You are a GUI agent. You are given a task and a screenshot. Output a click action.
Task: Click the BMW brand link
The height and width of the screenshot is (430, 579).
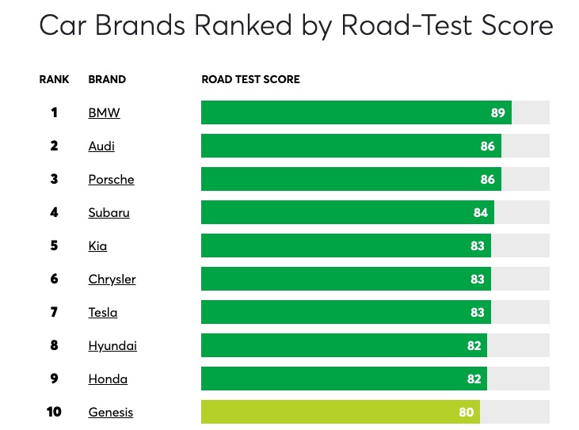pyautogui.click(x=104, y=112)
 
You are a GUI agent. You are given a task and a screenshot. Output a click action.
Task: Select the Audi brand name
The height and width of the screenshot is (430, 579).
pyautogui.click(x=101, y=146)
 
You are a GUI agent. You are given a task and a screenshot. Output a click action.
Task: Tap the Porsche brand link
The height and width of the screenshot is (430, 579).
pyautogui.click(x=111, y=179)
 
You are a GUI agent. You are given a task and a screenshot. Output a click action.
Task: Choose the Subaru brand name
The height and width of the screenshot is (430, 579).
pyautogui.click(x=109, y=212)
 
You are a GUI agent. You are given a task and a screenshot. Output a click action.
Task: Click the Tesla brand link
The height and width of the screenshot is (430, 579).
pyautogui.click(x=102, y=312)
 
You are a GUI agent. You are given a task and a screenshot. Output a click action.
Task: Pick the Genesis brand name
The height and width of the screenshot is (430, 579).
pyautogui.click(x=110, y=412)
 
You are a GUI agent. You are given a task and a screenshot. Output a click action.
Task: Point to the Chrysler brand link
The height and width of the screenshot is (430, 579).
pyautogui.click(x=112, y=279)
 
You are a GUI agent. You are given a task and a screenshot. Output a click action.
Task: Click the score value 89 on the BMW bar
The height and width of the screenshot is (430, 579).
pyautogui.click(x=497, y=112)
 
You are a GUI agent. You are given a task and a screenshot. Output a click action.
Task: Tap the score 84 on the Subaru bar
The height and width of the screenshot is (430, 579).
pyautogui.click(x=481, y=212)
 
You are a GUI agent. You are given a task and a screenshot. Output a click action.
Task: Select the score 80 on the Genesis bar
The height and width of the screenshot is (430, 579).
pyautogui.click(x=467, y=412)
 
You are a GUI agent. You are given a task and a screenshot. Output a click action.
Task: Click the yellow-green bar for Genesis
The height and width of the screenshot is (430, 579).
pyautogui.click(x=333, y=412)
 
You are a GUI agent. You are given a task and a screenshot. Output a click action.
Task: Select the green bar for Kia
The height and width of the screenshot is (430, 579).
pyautogui.click(x=333, y=245)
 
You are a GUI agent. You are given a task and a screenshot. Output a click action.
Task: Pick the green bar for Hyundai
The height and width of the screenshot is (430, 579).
pyautogui.click(x=333, y=345)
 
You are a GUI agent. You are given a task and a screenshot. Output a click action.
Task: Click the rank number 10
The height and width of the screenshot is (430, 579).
pyautogui.click(x=54, y=412)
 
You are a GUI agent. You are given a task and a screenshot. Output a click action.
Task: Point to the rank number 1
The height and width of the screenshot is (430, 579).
pyautogui.click(x=54, y=112)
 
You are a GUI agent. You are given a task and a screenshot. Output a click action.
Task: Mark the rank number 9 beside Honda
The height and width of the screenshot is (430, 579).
pyautogui.click(x=54, y=379)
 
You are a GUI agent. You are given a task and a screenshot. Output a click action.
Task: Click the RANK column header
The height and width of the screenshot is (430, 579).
pyautogui.click(x=54, y=79)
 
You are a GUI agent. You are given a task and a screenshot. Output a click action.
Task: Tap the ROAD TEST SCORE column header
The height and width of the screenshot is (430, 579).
pyautogui.click(x=250, y=79)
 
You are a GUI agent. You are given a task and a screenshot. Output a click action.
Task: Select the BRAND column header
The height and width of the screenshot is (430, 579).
pyautogui.click(x=107, y=79)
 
